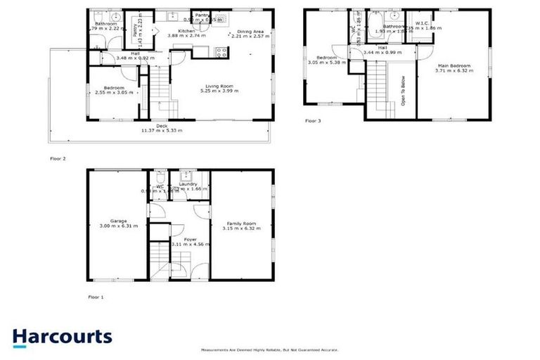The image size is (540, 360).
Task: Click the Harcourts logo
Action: pos(62,337)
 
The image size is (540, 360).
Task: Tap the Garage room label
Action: pos(118,221)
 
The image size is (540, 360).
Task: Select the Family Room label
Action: pos(241,224)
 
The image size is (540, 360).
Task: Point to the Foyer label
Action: pos(190,239)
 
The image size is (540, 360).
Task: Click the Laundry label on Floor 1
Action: pos(187,184)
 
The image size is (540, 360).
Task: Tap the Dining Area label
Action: pos(250,32)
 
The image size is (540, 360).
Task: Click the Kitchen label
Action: pos(186,32)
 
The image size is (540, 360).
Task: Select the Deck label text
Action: pos(162,126)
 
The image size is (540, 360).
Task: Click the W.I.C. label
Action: pos(422,23)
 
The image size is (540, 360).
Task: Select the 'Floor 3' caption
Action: pos(312,121)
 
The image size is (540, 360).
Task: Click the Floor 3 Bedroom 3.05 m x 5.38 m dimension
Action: pos(330,62)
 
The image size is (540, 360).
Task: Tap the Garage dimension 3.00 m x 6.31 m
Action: pos(118,226)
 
